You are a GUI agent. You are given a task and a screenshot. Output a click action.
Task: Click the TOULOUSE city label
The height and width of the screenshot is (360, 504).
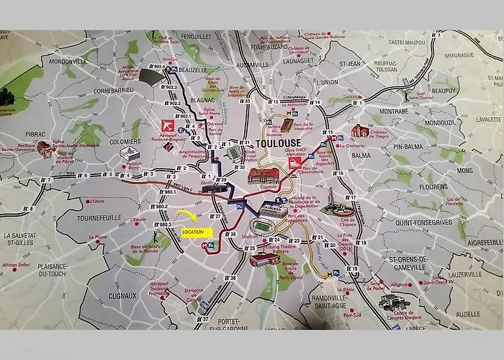[278, 143]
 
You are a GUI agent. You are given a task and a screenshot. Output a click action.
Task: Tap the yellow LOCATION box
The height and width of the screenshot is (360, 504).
[197, 232]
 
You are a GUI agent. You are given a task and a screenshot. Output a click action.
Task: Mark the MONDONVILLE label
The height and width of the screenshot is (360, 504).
[67, 62]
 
